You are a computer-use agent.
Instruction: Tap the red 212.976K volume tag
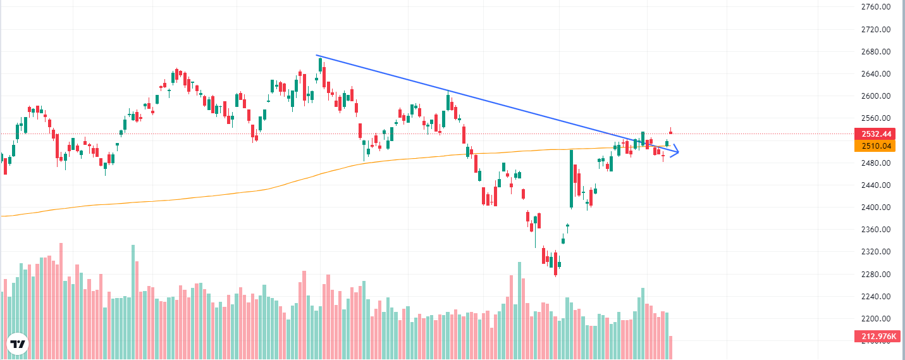pyautogui.click(x=876, y=336)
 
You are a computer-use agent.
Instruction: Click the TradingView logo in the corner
pyautogui.click(x=18, y=344)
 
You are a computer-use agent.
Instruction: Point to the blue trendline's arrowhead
pyautogui.click(x=676, y=151)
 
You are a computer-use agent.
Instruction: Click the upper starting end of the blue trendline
pyautogui.click(x=317, y=56)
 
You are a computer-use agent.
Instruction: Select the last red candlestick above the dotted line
pyautogui.click(x=670, y=132)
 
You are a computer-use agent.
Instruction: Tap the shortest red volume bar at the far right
pyautogui.click(x=670, y=348)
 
